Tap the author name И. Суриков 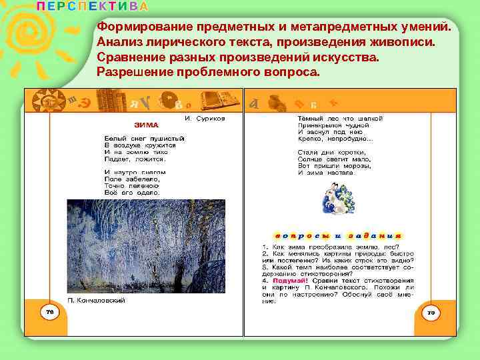(x=205, y=117)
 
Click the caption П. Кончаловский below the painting (x=97, y=301)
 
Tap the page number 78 (x=49, y=312)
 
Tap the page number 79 (x=431, y=312)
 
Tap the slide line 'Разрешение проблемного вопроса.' (x=208, y=71)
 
